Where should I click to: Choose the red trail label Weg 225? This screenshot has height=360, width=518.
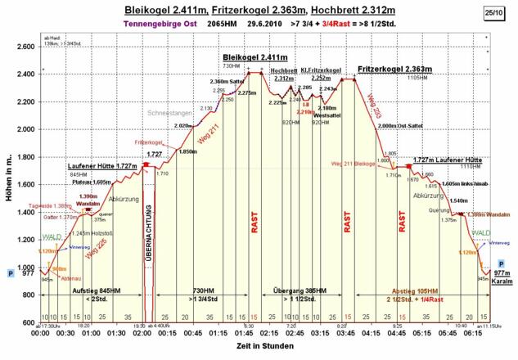tap(97, 254)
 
